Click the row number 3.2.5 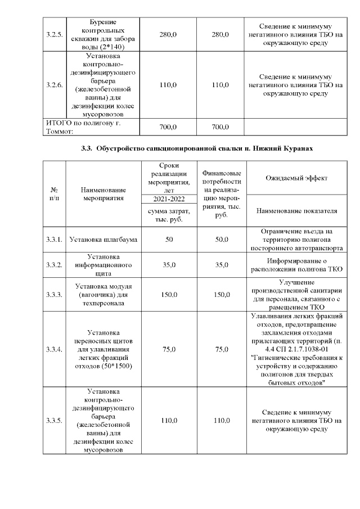click(54, 35)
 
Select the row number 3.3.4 click(54, 349)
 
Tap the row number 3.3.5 click(54, 421)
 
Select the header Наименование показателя click(296, 211)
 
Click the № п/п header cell click(54, 195)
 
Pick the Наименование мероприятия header click(102, 195)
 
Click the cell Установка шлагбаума click(102, 240)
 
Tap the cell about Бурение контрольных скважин click(102, 35)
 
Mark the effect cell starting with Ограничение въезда click(296, 240)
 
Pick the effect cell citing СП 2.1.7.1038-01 click(296, 349)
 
